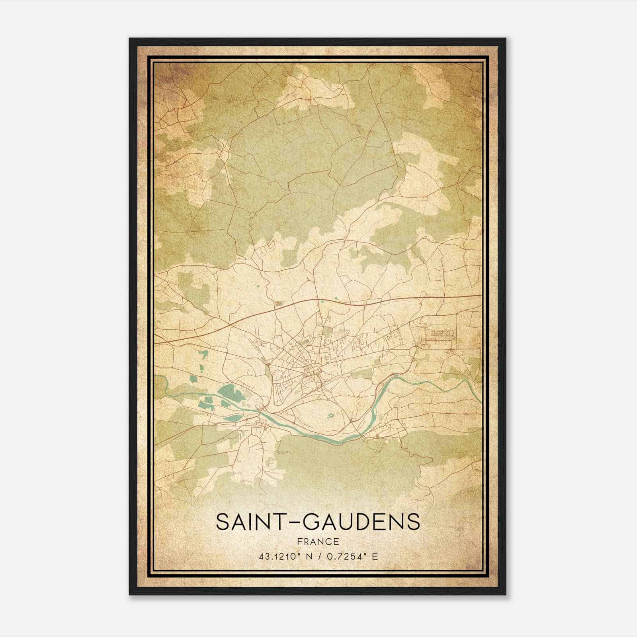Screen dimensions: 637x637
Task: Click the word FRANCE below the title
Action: pos(317,541)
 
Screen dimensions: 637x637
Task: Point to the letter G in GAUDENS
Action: pos(315,522)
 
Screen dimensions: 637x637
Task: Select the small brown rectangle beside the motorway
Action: pos(277,304)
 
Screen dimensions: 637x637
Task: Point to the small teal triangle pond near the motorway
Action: pos(337,298)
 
